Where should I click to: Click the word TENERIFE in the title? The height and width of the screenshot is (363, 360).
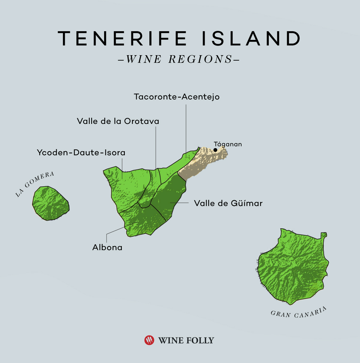122,38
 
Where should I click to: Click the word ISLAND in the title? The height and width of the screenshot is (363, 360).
251,38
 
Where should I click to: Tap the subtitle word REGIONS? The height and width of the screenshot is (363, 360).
200,59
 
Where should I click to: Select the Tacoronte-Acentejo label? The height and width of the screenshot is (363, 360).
177,97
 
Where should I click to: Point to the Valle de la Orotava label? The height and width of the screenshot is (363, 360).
118,121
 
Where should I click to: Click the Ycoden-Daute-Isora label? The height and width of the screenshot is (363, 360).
81,152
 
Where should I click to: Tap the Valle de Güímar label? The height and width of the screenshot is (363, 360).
228,203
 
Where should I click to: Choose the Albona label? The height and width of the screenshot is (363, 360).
107,247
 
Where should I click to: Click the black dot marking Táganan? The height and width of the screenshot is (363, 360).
215,150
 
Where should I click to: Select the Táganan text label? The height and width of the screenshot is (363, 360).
228,144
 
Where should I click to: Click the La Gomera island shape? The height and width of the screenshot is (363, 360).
50,203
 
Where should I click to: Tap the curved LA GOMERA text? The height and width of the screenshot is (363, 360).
35,184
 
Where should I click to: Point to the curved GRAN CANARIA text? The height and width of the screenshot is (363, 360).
298,313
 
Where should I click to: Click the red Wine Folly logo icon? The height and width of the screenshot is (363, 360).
149,340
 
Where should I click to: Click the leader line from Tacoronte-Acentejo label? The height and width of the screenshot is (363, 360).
186,129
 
